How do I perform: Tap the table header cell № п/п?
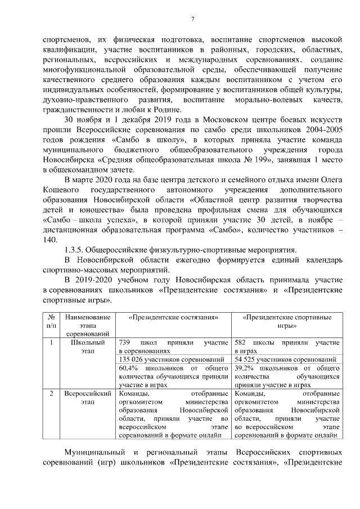click(51, 321)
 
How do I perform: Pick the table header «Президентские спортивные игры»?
click(287, 321)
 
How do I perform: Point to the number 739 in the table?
click(125, 342)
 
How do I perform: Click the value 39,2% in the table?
click(245, 368)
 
